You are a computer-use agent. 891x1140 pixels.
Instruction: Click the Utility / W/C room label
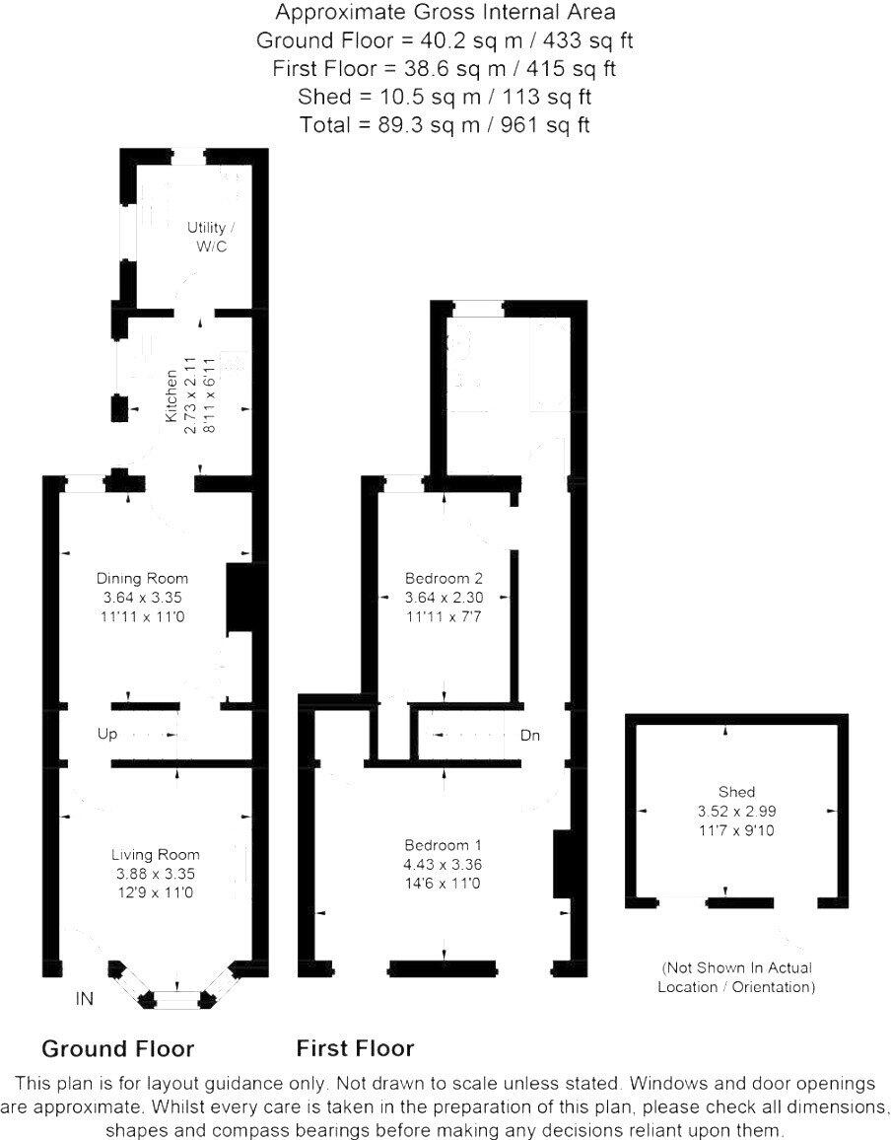(x=208, y=237)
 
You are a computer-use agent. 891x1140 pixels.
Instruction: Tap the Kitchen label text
(x=171, y=396)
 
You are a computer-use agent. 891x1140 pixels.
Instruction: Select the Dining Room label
(x=142, y=578)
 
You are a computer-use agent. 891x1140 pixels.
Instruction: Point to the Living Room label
(x=156, y=855)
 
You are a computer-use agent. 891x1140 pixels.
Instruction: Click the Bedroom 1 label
(x=443, y=846)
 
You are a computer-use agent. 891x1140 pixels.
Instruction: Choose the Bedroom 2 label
(x=445, y=578)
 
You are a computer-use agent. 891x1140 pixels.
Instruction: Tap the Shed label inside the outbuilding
(x=736, y=792)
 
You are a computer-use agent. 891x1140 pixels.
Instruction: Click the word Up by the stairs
(x=107, y=735)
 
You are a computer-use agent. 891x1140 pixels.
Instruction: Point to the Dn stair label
(x=530, y=736)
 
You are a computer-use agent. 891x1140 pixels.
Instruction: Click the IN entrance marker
(x=85, y=999)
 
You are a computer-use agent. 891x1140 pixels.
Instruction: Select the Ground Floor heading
(x=117, y=1048)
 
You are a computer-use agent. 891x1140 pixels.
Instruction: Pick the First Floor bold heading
(x=355, y=1048)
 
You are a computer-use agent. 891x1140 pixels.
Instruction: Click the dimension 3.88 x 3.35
(x=156, y=874)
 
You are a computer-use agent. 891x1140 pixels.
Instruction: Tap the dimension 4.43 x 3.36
(x=443, y=865)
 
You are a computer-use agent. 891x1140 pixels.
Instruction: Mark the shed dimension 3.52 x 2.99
(x=736, y=811)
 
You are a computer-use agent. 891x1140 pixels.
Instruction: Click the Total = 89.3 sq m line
(x=445, y=125)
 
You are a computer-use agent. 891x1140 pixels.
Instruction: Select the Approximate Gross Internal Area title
(x=445, y=13)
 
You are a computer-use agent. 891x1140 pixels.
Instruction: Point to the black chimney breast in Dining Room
(x=241, y=599)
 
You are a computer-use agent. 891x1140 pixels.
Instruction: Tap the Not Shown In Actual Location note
(x=736, y=977)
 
